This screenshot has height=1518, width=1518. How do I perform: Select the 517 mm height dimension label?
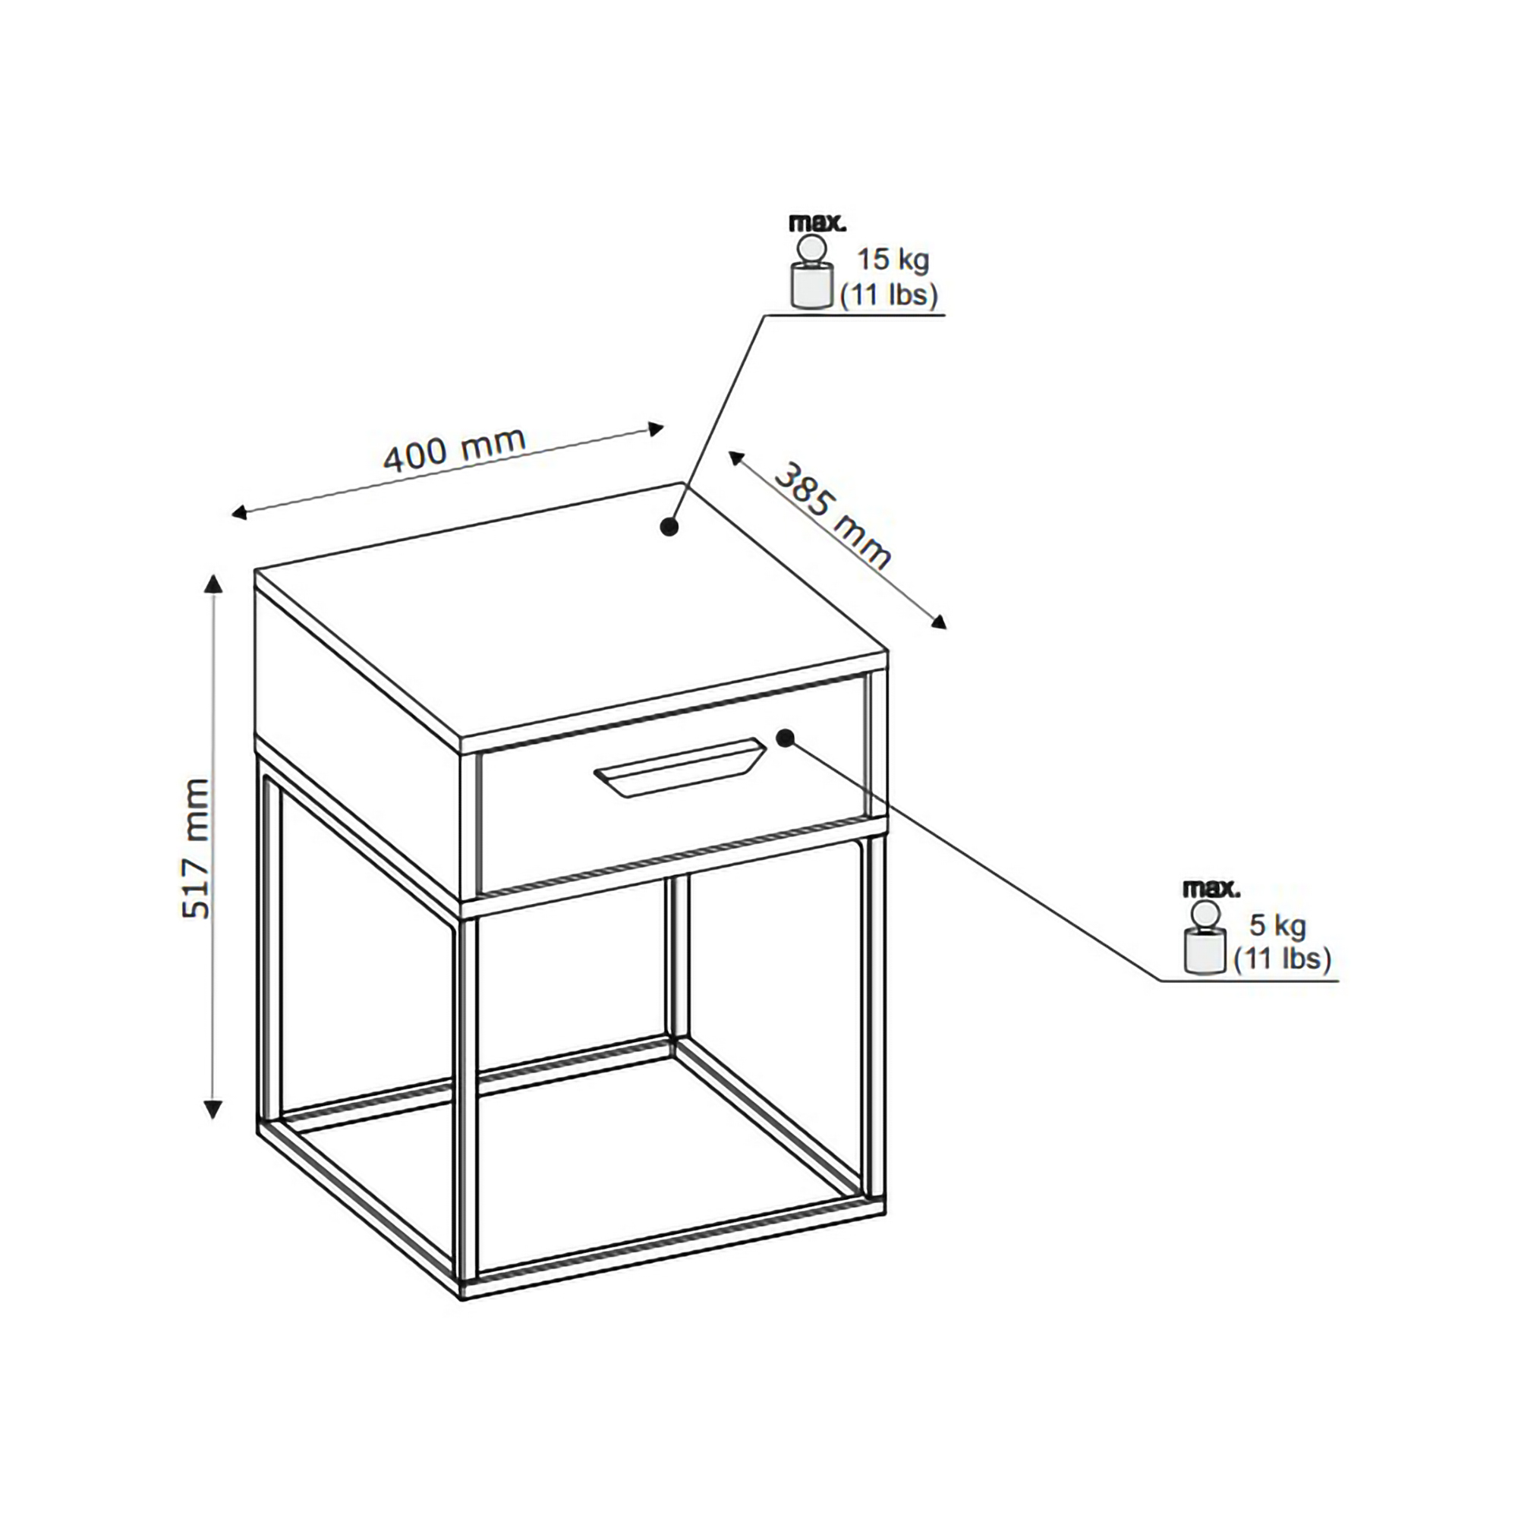[196, 849]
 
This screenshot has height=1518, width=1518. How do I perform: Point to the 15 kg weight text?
[893, 260]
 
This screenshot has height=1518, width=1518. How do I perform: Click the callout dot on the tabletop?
[669, 528]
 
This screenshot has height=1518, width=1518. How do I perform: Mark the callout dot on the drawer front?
[785, 737]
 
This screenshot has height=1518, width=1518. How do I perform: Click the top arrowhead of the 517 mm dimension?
[213, 584]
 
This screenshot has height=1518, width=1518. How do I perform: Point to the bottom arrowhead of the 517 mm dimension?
[213, 1110]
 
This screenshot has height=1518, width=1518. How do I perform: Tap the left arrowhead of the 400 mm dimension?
[240, 514]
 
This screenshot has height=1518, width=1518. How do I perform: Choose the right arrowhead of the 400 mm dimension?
[655, 429]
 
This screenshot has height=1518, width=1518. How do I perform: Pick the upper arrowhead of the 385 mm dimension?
[737, 459]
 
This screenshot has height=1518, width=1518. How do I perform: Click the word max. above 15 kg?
[818, 223]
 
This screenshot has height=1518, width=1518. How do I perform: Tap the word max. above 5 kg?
[1212, 890]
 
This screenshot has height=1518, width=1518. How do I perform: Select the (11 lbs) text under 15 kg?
[890, 296]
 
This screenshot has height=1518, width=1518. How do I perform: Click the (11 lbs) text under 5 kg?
[1282, 960]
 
